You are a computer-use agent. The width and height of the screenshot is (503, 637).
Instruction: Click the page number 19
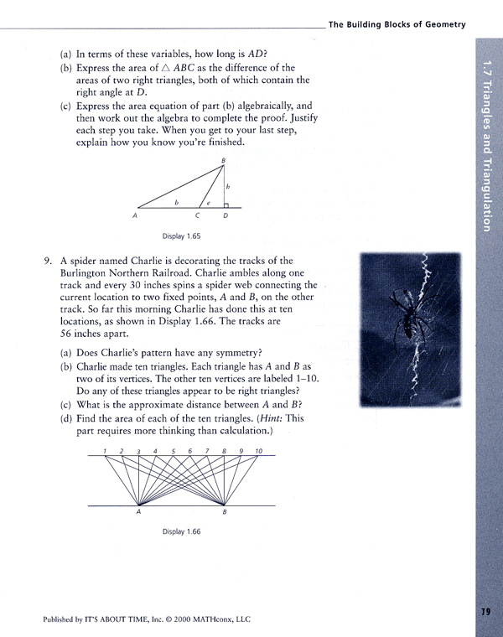click(485, 610)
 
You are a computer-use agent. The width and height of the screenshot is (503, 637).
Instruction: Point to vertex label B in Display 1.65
click(223, 159)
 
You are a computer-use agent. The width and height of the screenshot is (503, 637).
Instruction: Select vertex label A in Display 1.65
click(134, 216)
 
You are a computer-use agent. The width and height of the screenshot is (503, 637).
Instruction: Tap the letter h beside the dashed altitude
click(228, 185)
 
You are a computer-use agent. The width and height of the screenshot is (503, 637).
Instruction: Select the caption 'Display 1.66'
click(182, 531)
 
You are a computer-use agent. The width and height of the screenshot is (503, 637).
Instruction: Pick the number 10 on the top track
click(259, 452)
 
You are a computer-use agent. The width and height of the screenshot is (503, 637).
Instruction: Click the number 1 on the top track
click(105, 452)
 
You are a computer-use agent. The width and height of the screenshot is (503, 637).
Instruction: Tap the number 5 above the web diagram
click(173, 452)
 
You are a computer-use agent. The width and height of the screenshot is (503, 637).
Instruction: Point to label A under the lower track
click(138, 512)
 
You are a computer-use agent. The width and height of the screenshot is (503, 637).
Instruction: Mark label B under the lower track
click(225, 512)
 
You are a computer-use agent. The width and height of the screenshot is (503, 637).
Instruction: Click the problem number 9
click(48, 261)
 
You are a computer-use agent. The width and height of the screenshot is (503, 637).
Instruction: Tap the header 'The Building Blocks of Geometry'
click(397, 25)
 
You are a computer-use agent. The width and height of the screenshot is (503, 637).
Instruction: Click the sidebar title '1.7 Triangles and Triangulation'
click(487, 142)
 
